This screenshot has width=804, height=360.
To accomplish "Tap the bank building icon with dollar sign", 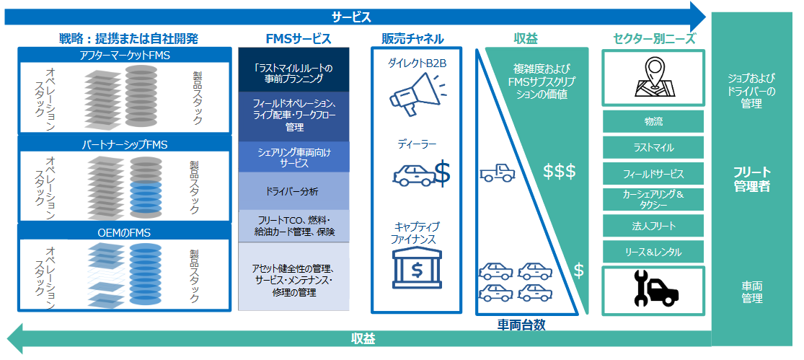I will pos(416,268).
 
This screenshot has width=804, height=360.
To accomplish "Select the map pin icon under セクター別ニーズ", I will pos(653,78).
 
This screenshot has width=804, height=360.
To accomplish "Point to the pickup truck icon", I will pos(498,172).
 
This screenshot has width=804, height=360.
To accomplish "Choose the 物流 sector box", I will pos(653,121).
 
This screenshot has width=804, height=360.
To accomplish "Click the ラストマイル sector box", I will pos(653,147).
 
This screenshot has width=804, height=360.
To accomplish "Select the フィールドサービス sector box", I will pos(653,174).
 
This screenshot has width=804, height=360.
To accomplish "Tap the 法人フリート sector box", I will pos(653,226).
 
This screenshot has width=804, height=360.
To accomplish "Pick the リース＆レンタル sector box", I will pos(653,252).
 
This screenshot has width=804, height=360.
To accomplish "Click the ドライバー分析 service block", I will pos(293,191).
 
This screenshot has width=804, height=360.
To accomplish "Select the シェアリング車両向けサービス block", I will pos(293,157).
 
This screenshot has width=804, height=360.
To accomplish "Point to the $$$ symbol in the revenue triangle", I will pos(559,172).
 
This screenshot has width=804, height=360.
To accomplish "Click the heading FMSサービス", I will pos(294,38).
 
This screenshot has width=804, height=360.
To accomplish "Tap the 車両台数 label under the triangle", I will pos(521,325).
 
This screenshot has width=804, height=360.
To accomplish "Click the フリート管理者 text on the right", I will pos(751,180).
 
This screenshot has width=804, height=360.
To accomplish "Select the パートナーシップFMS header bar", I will pos(124,145).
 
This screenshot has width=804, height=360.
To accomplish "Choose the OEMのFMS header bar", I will pos(124,232).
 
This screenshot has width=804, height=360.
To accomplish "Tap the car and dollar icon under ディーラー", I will pos(421,173).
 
